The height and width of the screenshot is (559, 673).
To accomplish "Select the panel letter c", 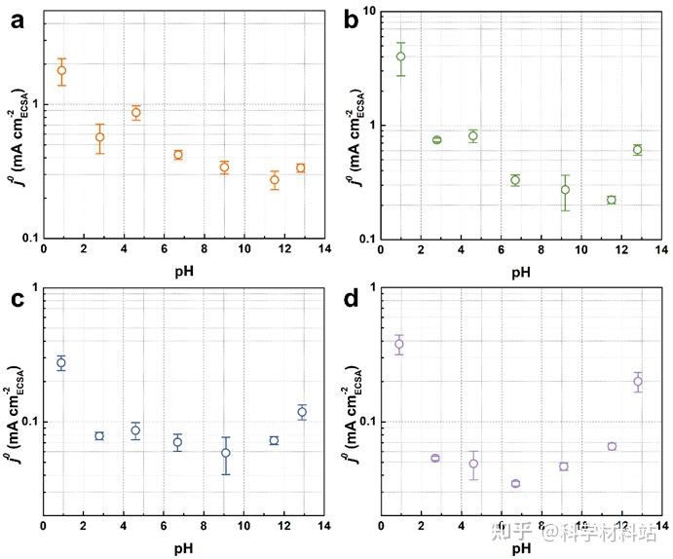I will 16,300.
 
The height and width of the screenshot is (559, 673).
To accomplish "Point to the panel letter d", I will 355,300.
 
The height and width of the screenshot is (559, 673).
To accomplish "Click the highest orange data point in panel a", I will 61,70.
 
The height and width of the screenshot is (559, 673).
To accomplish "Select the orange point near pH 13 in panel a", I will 300,168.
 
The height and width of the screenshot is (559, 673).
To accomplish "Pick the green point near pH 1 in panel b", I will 400,56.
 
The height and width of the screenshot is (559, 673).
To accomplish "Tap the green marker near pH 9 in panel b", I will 565,190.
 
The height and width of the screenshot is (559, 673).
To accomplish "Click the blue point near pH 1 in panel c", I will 61,362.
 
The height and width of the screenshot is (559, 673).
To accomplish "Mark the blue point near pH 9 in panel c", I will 226,453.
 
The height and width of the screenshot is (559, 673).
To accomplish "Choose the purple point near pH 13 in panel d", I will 638,381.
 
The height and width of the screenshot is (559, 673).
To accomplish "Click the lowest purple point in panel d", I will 515,483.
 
